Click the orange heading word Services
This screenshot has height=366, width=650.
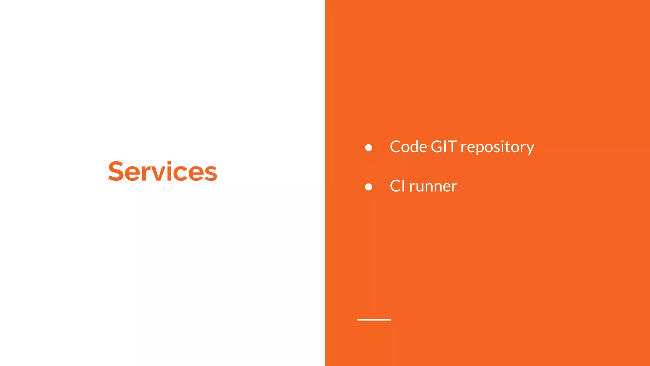pyautogui.click(x=162, y=172)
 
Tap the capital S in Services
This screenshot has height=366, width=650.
pyautogui.click(x=116, y=172)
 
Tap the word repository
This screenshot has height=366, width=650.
pyautogui.click(x=497, y=147)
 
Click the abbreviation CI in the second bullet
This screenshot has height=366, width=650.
pyautogui.click(x=397, y=186)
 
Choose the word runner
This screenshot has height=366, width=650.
pyautogui.click(x=433, y=187)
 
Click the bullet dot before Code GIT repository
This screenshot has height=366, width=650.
pyautogui.click(x=368, y=147)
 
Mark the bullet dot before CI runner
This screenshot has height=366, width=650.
pyautogui.click(x=368, y=187)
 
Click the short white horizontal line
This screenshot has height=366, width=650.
pyautogui.click(x=374, y=320)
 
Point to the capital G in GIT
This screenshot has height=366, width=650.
pyautogui.click(x=437, y=147)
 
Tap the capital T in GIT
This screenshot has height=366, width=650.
pyautogui.click(x=452, y=147)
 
